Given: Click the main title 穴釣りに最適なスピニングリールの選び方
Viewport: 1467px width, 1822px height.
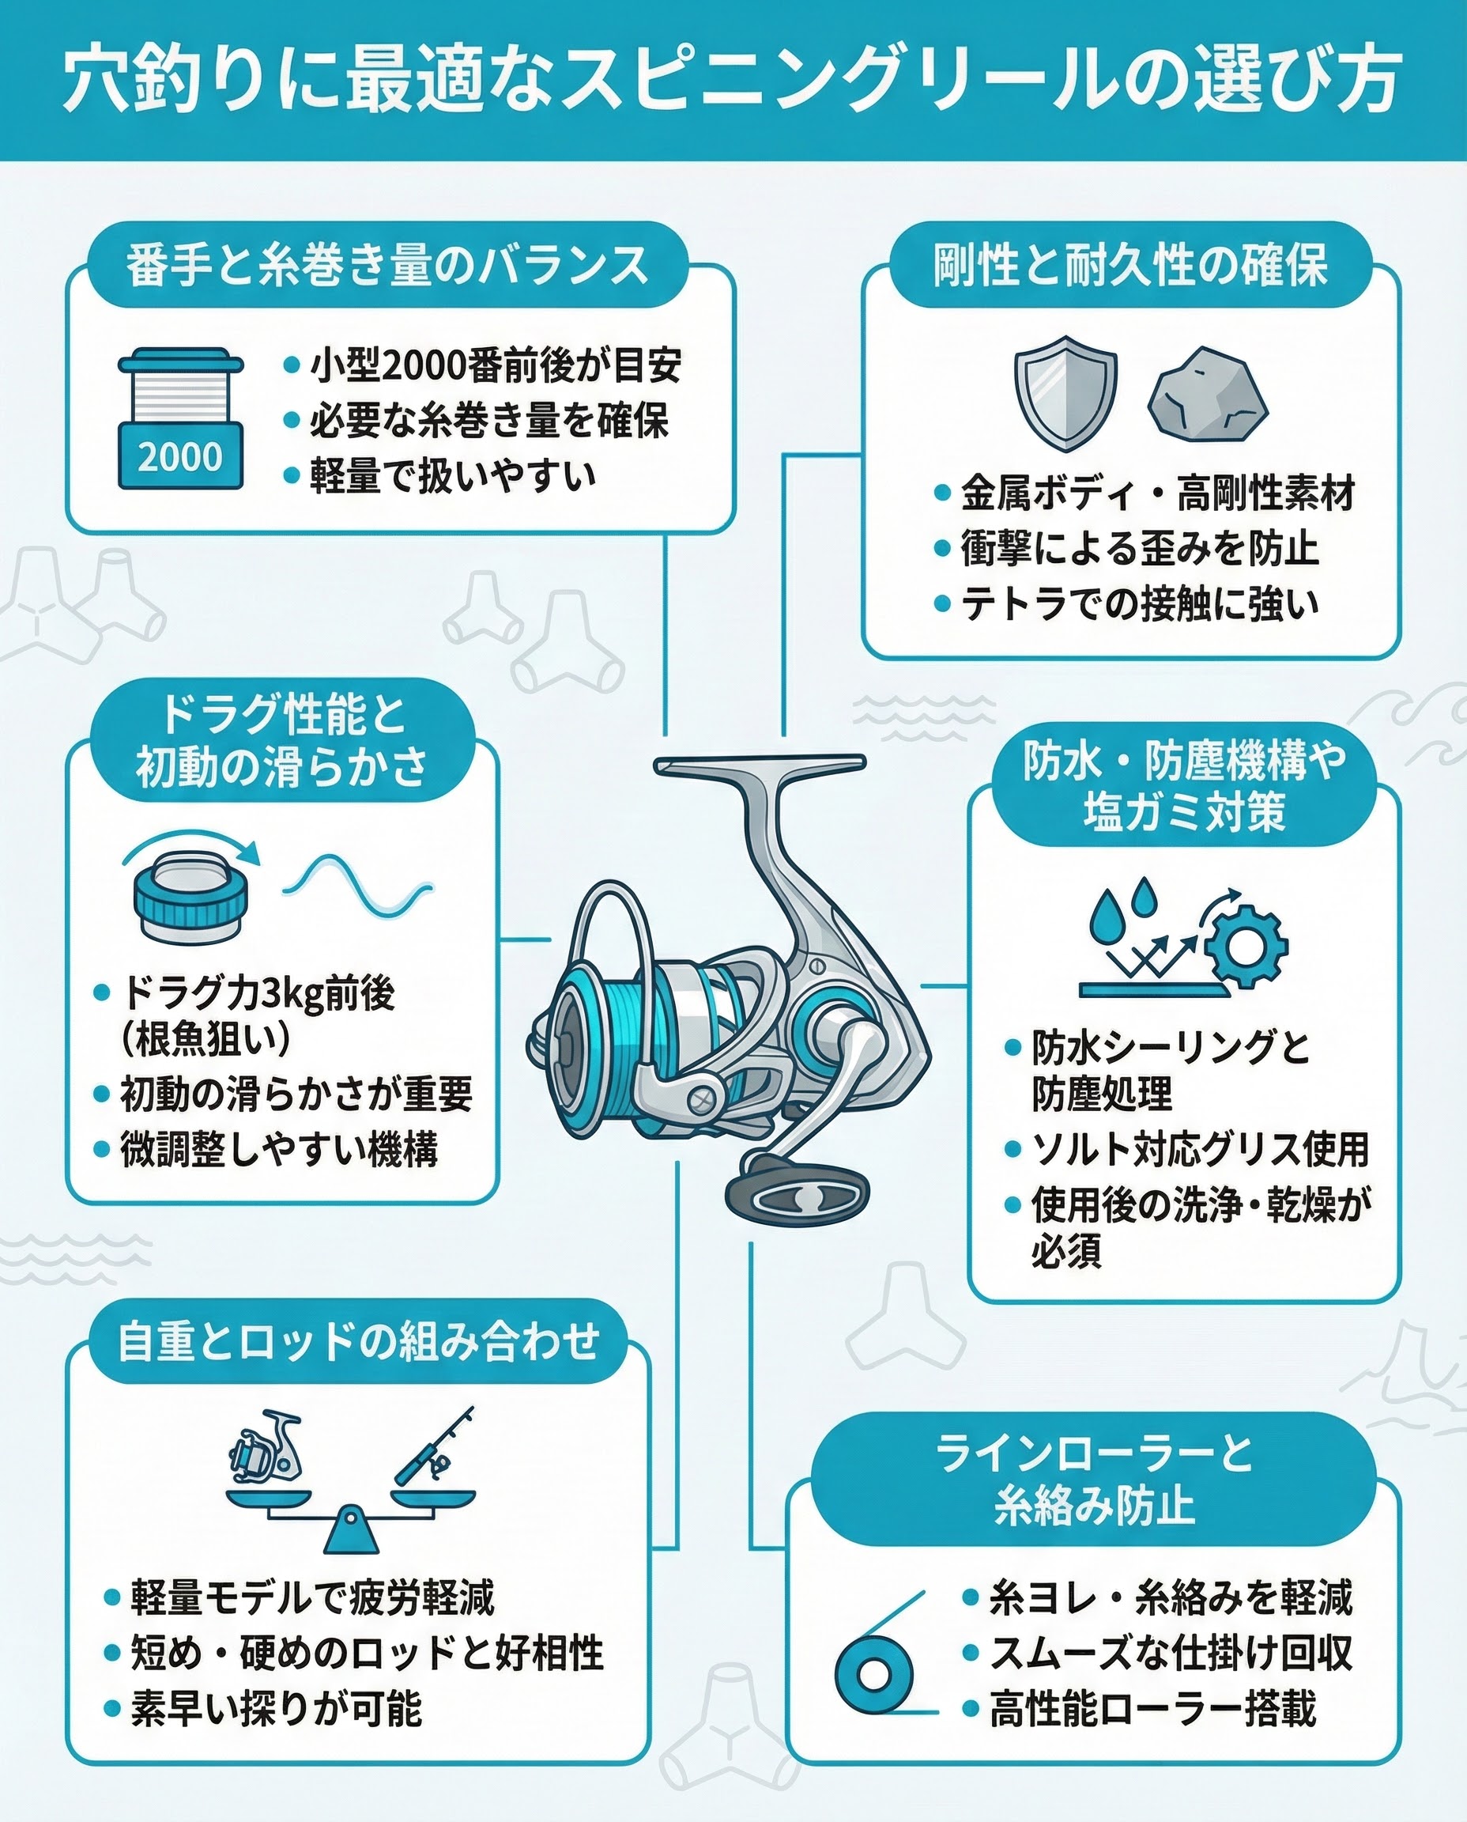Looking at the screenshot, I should pyautogui.click(x=732, y=81).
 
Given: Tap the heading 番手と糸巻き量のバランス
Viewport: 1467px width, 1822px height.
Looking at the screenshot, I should pyautogui.click(x=387, y=265).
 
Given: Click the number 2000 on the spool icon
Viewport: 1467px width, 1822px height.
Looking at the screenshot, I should pyautogui.click(x=180, y=457).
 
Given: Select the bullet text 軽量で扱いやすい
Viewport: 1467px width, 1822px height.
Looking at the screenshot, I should pyautogui.click(x=452, y=476).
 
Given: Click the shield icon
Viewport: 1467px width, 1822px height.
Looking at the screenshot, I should pyautogui.click(x=1065, y=393).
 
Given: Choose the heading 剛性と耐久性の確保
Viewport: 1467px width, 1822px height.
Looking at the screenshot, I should pyautogui.click(x=1129, y=265).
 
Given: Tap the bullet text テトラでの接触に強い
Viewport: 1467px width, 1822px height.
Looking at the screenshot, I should pyautogui.click(x=1139, y=603).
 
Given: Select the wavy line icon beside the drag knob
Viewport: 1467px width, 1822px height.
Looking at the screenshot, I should pyautogui.click(x=356, y=885).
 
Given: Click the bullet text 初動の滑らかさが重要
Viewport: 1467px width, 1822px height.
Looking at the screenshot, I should pyautogui.click(x=296, y=1094).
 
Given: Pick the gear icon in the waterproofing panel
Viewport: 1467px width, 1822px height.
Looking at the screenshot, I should pyautogui.click(x=1246, y=945).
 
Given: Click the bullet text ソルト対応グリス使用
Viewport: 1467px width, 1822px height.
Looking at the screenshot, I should pyautogui.click(x=1200, y=1148).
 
